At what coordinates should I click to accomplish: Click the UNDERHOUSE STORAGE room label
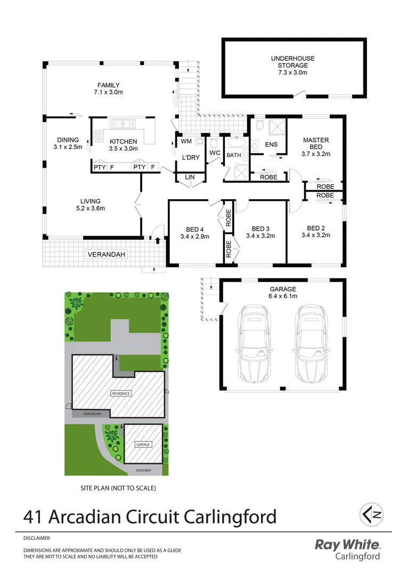pyautogui.click(x=292, y=65)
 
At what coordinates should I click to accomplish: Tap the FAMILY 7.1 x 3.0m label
pyautogui.click(x=108, y=88)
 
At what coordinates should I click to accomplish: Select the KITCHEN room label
pyautogui.click(x=124, y=145)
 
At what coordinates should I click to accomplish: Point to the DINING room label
pyautogui.click(x=68, y=143)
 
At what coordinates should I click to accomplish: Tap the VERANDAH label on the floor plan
pyautogui.click(x=107, y=254)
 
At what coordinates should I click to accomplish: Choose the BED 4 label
pyautogui.click(x=194, y=233)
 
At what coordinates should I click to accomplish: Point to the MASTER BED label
pyautogui.click(x=316, y=147)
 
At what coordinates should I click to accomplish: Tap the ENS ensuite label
pyautogui.click(x=271, y=144)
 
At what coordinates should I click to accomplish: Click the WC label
pyautogui.click(x=215, y=153)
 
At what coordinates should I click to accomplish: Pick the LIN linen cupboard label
pyautogui.click(x=190, y=177)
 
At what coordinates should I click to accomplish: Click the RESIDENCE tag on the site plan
pyautogui.click(x=120, y=393)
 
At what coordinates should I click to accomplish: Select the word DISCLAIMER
pyautogui.click(x=36, y=538)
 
